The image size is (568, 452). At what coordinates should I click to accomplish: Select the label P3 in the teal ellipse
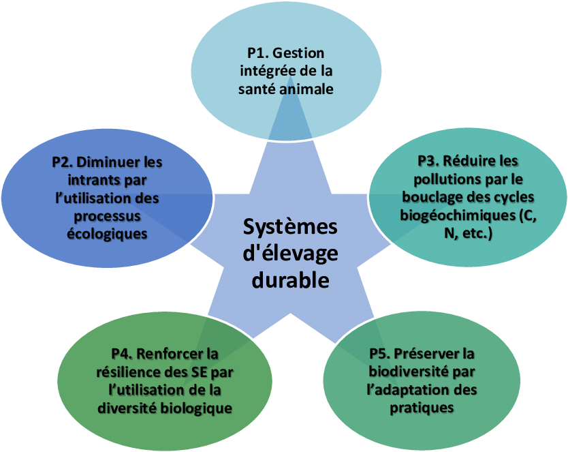pos(428,162)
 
